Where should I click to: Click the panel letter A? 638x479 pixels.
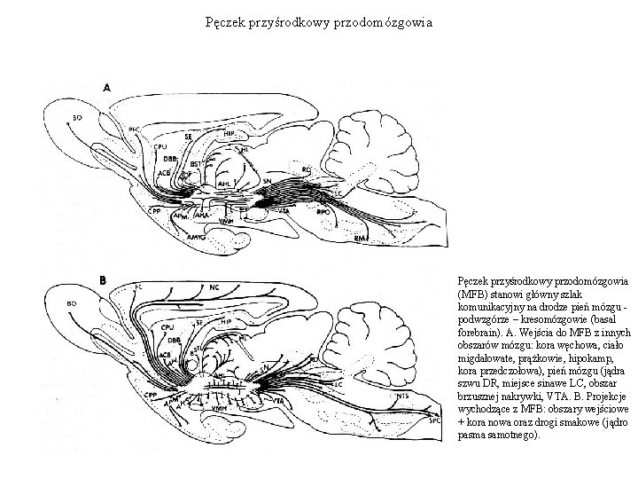tap(107, 88)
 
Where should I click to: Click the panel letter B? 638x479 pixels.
tap(104, 280)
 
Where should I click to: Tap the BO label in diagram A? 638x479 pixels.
tap(78, 115)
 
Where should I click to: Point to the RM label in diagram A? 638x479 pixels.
tap(360, 239)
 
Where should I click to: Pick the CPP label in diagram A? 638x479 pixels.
tap(155, 211)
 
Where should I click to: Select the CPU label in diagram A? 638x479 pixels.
tap(160, 146)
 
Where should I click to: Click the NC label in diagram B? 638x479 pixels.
tap(215, 287)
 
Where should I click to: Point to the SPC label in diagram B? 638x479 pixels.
tap(433, 421)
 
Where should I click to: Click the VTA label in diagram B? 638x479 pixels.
tap(279, 402)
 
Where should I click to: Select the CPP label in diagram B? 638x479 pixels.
tap(152, 392)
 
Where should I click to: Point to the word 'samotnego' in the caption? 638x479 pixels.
tap(511, 436)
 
